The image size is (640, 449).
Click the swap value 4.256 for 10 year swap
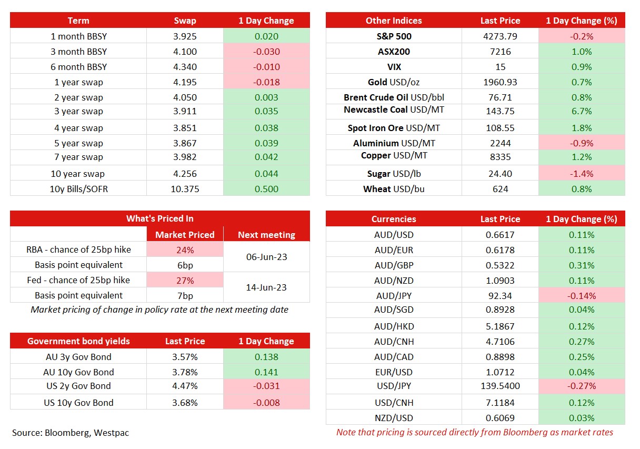coord(185,174)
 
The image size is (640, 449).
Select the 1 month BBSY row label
coord(78,36)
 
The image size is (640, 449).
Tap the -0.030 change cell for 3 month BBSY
coord(266,52)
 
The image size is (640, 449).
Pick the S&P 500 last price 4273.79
coord(500,36)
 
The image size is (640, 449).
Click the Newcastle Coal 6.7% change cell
coord(582,111)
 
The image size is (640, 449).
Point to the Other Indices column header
coord(394,21)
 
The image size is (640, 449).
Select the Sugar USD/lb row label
coord(394,174)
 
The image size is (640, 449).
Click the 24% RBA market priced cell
coord(185,250)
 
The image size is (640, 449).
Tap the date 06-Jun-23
coord(266,257)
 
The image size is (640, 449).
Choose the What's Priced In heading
coord(159,218)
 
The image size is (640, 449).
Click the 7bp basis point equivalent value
coord(185,296)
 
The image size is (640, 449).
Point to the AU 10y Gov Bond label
coord(78,372)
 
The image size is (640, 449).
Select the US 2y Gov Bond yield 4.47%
coord(185,386)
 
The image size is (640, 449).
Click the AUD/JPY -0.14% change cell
coord(582,296)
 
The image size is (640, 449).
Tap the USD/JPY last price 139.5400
coord(500,386)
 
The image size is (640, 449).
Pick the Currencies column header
coord(394,219)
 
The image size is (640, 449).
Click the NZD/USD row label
coord(394,418)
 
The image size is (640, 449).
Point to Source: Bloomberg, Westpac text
coord(71,433)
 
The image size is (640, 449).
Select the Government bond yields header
coord(78,341)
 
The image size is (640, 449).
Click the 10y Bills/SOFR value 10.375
coord(185,189)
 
